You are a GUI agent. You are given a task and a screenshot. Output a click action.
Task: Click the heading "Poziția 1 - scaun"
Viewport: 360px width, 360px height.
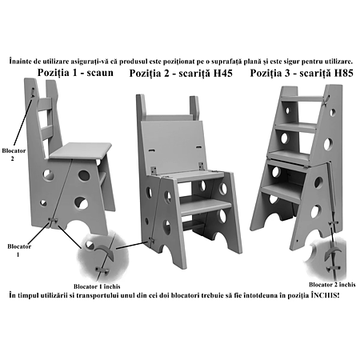[75, 73]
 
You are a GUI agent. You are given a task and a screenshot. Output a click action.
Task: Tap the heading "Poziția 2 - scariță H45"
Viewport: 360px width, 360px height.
[181, 73]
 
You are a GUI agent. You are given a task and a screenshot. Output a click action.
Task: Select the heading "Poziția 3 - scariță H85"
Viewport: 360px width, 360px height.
[302, 73]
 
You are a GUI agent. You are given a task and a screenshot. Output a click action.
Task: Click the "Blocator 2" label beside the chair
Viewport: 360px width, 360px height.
[14, 154]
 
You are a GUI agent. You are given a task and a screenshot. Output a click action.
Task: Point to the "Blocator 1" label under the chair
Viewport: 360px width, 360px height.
[19, 250]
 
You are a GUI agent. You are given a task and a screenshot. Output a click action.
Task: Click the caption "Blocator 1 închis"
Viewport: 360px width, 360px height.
[97, 286]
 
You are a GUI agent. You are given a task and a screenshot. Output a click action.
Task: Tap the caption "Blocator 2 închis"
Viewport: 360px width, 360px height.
[332, 285]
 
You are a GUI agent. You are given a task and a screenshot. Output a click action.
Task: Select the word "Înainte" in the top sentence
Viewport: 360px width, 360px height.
[21, 62]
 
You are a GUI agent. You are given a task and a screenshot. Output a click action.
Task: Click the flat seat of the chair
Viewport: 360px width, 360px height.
[81, 150]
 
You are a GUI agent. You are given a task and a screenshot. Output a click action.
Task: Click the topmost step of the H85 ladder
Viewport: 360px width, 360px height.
[303, 98]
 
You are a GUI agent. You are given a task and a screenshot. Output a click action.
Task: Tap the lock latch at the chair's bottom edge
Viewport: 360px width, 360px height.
[54, 220]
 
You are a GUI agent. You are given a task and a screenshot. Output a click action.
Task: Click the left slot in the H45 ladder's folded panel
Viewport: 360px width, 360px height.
[151, 150]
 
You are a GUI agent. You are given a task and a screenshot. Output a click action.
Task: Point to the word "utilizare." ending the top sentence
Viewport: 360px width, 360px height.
[338, 62]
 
